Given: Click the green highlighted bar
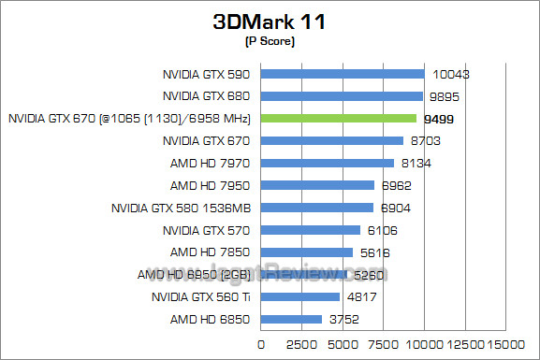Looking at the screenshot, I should click(339, 119).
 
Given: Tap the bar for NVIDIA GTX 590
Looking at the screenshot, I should click(343, 74).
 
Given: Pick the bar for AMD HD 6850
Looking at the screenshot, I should click(291, 320).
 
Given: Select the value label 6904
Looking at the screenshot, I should click(395, 208).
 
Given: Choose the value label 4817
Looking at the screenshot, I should click(361, 297).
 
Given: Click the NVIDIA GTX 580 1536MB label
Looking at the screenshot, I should click(183, 208).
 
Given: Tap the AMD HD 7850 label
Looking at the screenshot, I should click(212, 252).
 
